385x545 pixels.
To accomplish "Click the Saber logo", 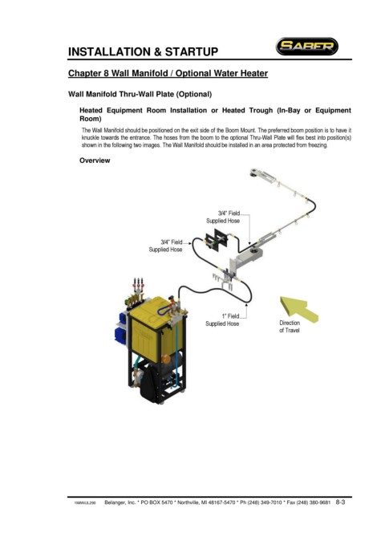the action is click(307, 47).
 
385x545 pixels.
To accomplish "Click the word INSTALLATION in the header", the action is click(109, 52).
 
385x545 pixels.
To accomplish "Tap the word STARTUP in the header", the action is click(192, 52).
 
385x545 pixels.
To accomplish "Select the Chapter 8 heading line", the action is click(168, 73).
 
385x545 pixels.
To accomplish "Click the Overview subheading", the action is click(95, 161).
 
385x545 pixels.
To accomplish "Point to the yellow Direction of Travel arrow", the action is click(298, 308).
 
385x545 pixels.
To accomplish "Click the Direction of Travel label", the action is click(290, 327).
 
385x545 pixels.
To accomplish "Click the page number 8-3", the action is click(340, 502).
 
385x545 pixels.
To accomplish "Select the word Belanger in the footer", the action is click(115, 502).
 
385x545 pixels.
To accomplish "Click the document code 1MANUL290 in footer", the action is click(85, 503).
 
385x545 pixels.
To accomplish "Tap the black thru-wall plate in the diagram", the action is click(216, 241).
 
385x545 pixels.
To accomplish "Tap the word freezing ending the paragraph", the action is click(318, 145).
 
